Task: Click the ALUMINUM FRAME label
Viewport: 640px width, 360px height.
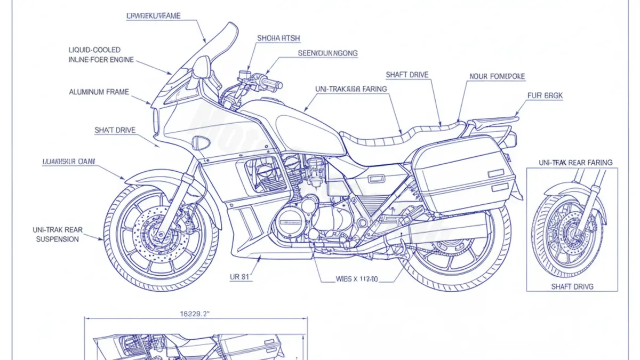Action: (x=99, y=92)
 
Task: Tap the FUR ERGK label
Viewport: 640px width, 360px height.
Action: (x=545, y=95)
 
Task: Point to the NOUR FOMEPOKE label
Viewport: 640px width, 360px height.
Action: (x=497, y=76)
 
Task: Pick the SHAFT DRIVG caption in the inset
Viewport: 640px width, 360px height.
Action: (x=572, y=286)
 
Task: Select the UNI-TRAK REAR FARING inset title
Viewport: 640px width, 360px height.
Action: (x=575, y=162)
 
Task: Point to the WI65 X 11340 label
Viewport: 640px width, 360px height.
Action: (x=356, y=278)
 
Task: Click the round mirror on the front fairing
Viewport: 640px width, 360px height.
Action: (x=201, y=67)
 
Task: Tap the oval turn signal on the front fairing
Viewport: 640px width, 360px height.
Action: (x=202, y=142)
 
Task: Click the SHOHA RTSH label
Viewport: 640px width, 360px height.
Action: (x=278, y=38)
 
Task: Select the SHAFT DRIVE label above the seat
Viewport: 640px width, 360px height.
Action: (x=407, y=75)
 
